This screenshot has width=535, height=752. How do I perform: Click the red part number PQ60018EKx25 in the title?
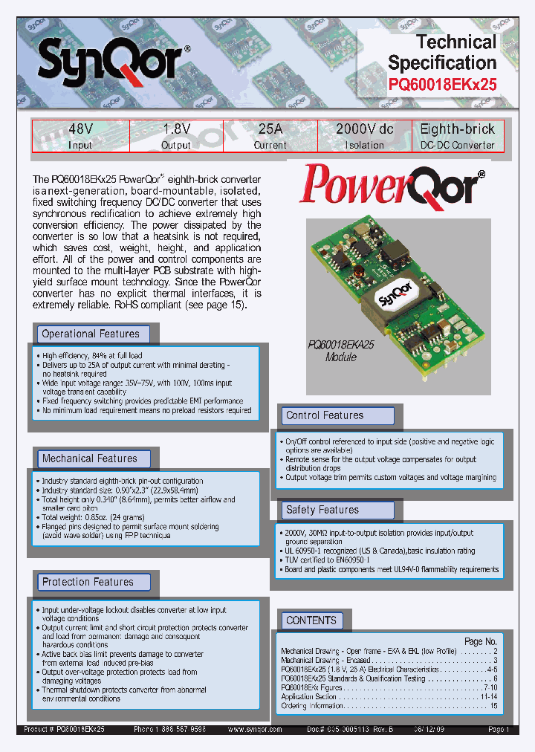point(443,84)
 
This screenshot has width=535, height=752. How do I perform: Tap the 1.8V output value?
point(176,129)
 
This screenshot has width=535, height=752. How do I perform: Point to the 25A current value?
point(270,129)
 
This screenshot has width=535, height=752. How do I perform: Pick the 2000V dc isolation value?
point(364,129)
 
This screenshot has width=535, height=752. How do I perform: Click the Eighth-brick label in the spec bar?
point(458,129)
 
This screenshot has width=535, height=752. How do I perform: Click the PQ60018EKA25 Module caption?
point(343,350)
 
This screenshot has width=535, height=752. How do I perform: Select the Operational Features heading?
point(91,334)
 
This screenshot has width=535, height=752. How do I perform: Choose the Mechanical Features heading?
point(89,458)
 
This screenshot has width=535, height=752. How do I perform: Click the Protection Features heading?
point(88,582)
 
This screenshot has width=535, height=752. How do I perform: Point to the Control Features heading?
point(325,415)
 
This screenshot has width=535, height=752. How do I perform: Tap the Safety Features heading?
point(322,510)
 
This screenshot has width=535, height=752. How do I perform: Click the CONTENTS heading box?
point(311,620)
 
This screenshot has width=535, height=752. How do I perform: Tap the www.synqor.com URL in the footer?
point(255,730)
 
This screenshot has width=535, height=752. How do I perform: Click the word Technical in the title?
point(456,42)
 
